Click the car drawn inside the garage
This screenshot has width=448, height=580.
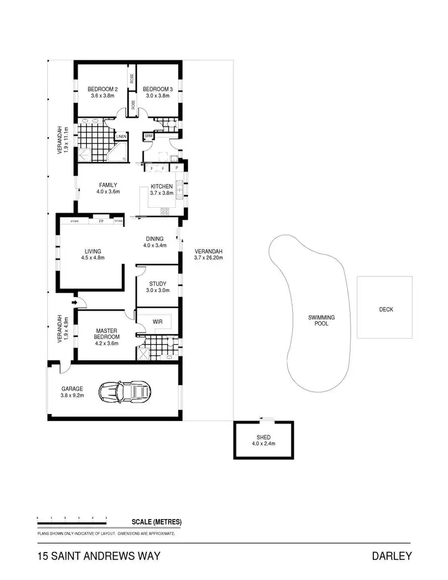(x=126, y=392)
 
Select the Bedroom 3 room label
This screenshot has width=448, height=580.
(x=158, y=90)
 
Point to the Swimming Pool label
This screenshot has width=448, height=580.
(x=321, y=321)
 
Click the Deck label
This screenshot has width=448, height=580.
(x=386, y=309)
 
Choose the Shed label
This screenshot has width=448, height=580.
(x=263, y=437)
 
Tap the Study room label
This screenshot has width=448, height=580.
(x=158, y=284)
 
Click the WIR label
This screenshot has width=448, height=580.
(x=158, y=321)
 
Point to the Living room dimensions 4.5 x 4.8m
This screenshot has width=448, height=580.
(x=93, y=258)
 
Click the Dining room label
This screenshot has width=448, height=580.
(x=154, y=238)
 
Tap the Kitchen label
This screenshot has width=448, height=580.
(x=161, y=186)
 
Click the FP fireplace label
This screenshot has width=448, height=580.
(x=100, y=221)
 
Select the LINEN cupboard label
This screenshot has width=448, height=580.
(x=121, y=136)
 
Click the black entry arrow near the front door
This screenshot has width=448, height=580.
(x=74, y=303)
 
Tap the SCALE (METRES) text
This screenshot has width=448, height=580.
(x=157, y=522)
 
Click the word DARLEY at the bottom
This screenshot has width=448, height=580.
(x=391, y=557)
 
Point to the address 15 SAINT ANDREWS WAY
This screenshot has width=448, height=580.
(x=99, y=557)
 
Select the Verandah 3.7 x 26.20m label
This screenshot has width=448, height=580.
(x=208, y=251)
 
